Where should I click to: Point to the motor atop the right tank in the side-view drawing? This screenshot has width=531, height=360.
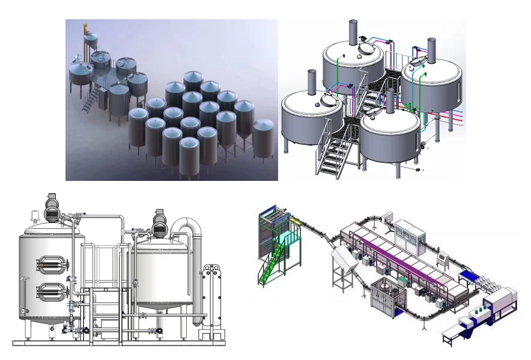pos(160,221)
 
